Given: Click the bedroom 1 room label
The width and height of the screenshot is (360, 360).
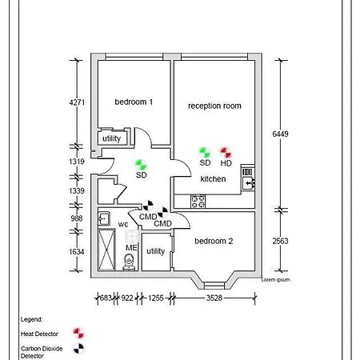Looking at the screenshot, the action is tap(134, 102).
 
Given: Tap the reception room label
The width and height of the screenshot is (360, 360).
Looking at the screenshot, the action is tap(214, 106).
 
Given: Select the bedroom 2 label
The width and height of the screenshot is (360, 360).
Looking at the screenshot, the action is tap(214, 241).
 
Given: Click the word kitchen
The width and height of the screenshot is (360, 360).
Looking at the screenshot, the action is tap(213, 179).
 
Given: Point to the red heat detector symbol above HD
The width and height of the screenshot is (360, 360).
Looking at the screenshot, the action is tap(226, 153).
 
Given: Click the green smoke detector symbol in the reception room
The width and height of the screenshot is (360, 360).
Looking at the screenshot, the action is tap(205, 153).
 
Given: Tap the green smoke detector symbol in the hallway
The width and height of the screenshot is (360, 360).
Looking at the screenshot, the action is tap(141, 165).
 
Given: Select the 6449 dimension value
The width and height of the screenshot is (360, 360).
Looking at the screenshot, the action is tap(280, 134).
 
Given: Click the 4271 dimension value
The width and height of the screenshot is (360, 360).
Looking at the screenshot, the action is tap(77, 102).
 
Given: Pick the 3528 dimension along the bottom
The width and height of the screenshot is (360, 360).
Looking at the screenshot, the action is tap(214, 298).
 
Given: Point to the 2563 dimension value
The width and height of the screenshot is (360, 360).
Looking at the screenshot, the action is tap(280, 241).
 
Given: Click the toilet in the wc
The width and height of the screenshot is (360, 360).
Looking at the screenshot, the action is tap(129, 262).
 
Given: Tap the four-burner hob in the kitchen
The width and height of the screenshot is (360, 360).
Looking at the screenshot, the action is tap(198, 201).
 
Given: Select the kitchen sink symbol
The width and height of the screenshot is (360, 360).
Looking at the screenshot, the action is tap(248, 178).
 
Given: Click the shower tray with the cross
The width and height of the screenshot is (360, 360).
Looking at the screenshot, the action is tap(106, 250).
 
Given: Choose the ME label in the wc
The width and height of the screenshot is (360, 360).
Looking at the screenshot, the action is tap(131, 248).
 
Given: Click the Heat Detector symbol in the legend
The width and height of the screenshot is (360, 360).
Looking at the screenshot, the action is tap(78, 334).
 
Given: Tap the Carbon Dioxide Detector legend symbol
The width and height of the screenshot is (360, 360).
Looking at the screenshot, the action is tap(78, 349).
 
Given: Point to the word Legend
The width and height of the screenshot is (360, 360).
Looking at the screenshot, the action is tap(31, 319).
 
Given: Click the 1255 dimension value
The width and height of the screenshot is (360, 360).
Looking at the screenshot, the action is tap(156, 298).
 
